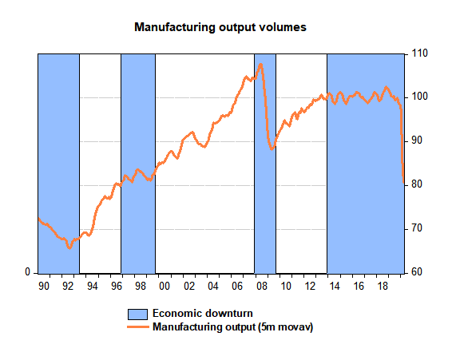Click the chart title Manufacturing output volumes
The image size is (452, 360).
coord(220,27)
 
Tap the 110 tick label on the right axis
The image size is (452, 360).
coord(419,53)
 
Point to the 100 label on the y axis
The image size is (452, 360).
coord(419,97)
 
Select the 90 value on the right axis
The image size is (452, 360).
coord(417,140)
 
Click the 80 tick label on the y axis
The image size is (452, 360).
coord(417,184)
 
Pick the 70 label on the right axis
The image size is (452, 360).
coord(417,228)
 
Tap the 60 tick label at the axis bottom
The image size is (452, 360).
coord(417,272)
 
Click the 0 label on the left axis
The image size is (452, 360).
coord(28,272)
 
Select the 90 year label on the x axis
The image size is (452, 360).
coord(44,287)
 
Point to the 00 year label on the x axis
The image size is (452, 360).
coord(165,287)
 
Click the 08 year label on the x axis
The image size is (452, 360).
coord(262,287)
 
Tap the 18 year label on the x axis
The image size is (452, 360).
coord(383,287)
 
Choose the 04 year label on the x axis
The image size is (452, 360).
coord(213,287)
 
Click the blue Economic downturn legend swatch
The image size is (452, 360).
coord(138,315)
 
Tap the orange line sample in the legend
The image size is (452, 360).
coord(138,327)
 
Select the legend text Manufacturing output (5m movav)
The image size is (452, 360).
coord(232,327)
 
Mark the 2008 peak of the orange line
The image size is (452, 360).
coord(261,65)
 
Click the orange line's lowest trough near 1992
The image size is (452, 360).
coord(69,247)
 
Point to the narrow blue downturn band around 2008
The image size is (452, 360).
coord(265,164)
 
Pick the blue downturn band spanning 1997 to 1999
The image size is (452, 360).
coord(138,164)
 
